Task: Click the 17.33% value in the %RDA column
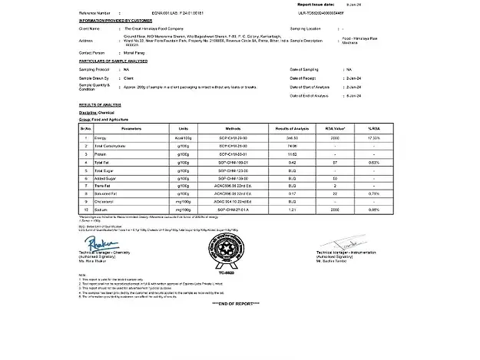[x=373, y=136]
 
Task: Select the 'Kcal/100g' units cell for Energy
[x=184, y=136]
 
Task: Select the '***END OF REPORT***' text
[x=238, y=303]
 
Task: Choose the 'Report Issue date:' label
[x=318, y=4]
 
